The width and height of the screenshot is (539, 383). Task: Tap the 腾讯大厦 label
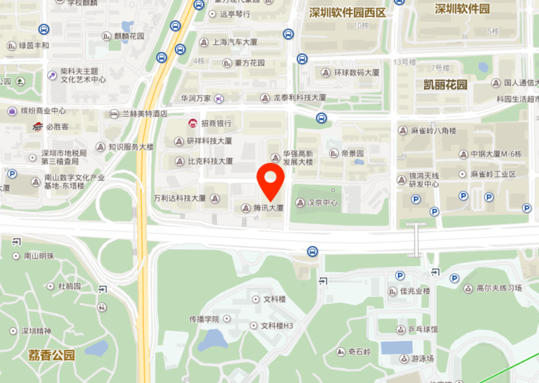pos(268,208)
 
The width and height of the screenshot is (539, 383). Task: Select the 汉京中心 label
pos(322,203)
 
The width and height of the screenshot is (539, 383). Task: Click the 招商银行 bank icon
pos(193,123)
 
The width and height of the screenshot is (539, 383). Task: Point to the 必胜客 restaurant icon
pos(37,127)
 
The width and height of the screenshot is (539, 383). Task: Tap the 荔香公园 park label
pos(52,355)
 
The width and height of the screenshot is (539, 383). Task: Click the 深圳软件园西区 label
pos(347,13)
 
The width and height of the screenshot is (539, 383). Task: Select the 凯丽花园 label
pos(445,85)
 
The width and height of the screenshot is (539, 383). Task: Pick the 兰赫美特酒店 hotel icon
pos(114,114)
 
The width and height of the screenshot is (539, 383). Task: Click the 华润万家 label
pos(196,99)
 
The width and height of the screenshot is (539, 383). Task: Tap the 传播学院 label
pos(204,319)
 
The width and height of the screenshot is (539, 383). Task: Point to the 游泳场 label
pos(422,359)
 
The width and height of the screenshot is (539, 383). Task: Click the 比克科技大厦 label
pos(211,161)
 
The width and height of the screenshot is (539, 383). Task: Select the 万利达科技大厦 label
pos(180,198)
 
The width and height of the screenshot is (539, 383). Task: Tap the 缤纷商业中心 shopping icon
pos(12,111)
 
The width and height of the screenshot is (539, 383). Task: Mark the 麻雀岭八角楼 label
pos(434,131)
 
